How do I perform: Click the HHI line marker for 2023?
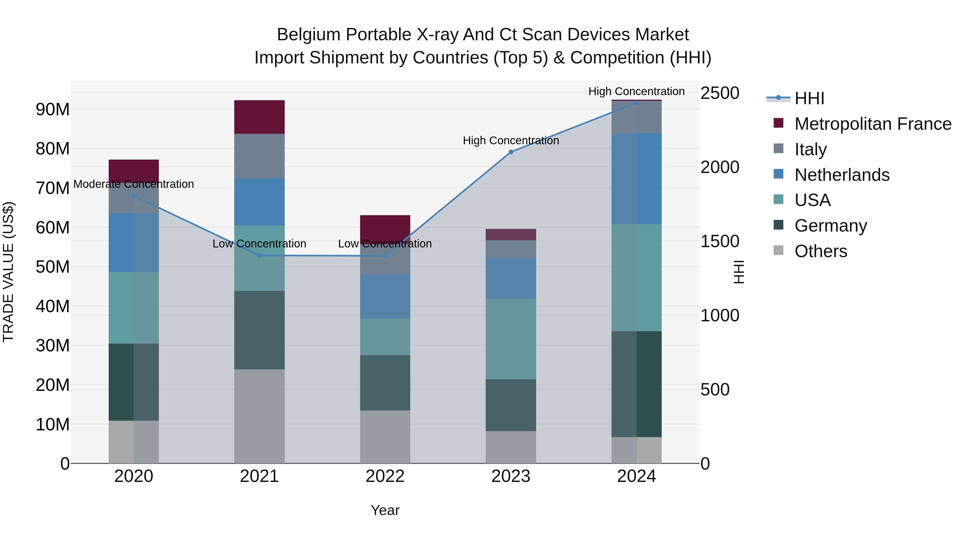511,152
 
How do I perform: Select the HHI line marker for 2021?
259,255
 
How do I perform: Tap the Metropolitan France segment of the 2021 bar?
259,117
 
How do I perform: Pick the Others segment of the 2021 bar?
259,416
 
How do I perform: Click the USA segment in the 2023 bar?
511,339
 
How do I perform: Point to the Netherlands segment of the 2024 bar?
636,179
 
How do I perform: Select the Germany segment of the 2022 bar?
385,383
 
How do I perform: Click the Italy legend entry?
810,149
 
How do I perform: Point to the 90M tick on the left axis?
53,110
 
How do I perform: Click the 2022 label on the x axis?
385,476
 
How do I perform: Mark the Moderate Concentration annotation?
134,184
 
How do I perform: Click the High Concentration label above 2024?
636,91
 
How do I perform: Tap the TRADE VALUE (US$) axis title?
8,272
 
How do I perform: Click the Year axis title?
385,510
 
